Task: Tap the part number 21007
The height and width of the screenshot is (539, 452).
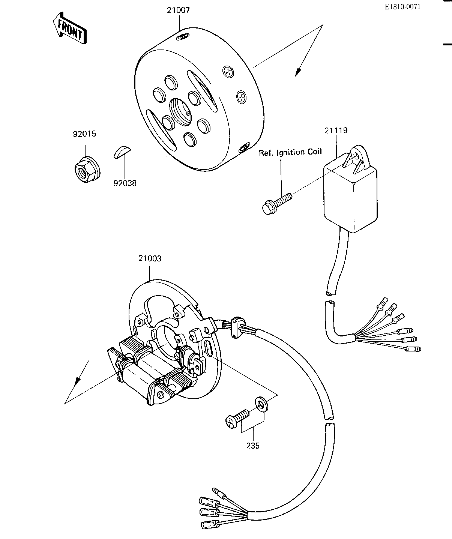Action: (x=179, y=11)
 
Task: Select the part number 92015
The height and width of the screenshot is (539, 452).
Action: (x=84, y=134)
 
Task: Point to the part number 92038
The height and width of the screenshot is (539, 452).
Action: (x=125, y=183)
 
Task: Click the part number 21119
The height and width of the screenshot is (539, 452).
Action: (x=336, y=131)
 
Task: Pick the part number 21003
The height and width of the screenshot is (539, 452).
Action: (x=150, y=258)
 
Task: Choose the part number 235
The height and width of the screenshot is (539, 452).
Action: (x=253, y=446)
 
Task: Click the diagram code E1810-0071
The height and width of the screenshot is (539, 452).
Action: (x=403, y=7)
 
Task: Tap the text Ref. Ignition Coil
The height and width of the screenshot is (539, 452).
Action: (x=290, y=152)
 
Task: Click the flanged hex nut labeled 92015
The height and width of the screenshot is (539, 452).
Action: (x=87, y=170)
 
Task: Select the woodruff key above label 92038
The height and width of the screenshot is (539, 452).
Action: (x=122, y=152)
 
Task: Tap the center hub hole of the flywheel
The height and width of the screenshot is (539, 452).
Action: (x=180, y=112)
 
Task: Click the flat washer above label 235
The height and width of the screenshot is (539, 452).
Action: (x=261, y=404)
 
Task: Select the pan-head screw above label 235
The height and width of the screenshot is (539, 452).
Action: (x=237, y=419)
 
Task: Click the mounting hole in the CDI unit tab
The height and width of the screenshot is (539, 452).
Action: (x=356, y=156)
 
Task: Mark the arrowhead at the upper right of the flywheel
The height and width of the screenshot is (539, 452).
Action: (x=299, y=72)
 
